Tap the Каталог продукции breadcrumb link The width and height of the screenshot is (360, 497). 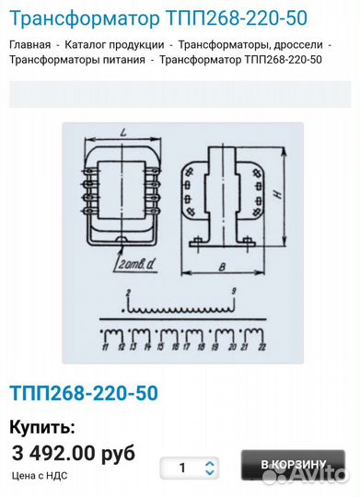click(114, 44)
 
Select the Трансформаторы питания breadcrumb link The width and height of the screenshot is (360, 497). click(77, 60)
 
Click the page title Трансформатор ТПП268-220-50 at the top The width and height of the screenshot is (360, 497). click(158, 17)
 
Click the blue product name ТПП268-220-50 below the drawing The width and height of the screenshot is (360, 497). click(83, 393)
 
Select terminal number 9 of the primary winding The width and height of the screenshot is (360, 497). click(234, 292)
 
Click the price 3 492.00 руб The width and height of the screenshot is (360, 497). click(74, 453)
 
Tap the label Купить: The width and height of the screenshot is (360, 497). click(42, 427)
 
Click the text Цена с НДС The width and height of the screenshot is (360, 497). click(40, 476)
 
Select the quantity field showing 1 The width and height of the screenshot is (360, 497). click(182, 468)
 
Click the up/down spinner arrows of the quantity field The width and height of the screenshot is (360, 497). click(210, 468)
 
